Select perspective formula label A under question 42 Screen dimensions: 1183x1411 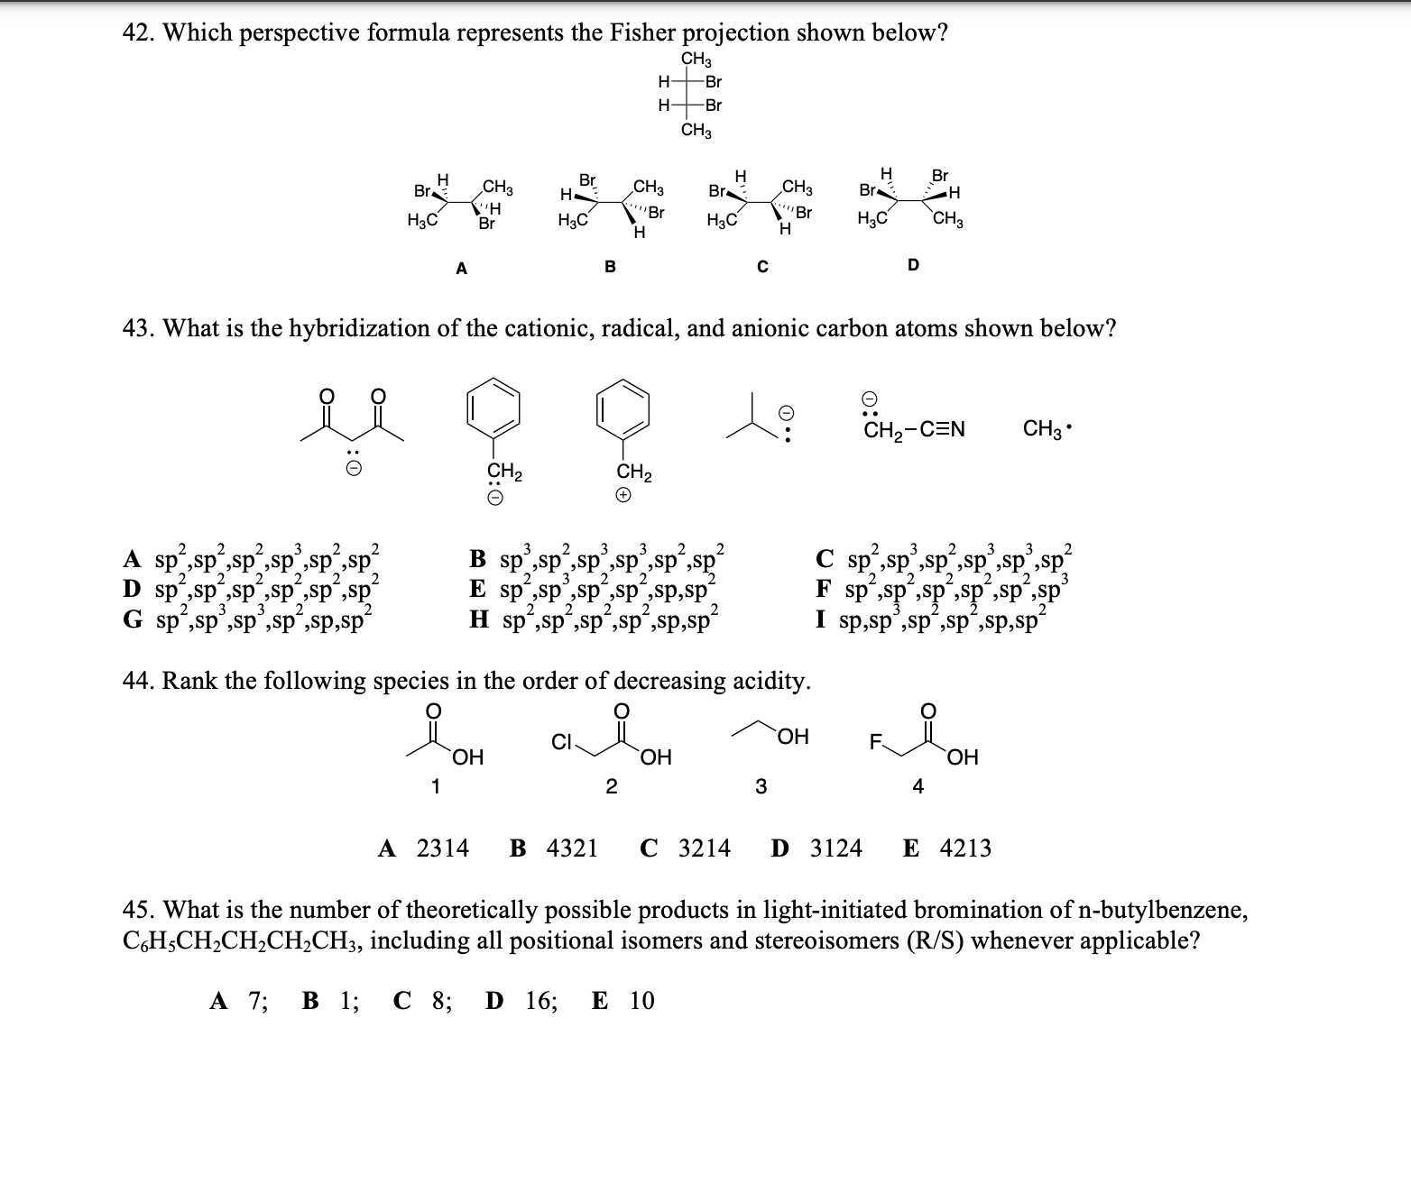tap(461, 267)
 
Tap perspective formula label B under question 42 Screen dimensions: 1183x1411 tap(610, 267)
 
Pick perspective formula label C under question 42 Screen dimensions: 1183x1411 tap(762, 267)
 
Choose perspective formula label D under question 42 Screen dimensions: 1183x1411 tap(913, 265)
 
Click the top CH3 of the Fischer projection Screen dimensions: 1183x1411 tap(696, 60)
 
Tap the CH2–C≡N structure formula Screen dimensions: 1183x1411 tap(913, 429)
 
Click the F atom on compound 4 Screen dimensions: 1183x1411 tap(873, 744)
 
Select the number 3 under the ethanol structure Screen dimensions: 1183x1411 tap(761, 787)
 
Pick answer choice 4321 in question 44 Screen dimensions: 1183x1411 tap(572, 848)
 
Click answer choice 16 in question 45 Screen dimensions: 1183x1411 tap(541, 1001)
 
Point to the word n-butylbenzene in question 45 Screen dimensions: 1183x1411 tap(1163, 911)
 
